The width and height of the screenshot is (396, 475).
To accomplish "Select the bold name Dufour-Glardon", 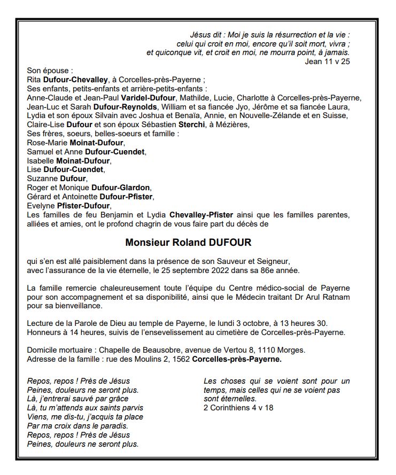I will [x=124, y=188].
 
